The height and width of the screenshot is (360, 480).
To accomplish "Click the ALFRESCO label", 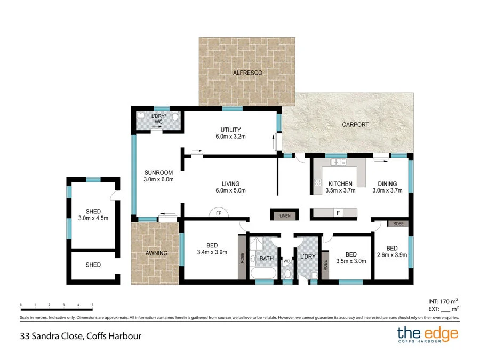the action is point(247,73).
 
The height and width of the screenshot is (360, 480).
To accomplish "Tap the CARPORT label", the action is point(355,125).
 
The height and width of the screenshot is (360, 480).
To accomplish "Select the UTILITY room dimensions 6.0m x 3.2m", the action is point(230,137).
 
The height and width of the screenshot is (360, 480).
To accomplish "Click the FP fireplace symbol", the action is point(219,212).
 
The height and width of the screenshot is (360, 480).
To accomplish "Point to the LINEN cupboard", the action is point(285,215).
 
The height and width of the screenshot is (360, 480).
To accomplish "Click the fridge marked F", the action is point(338,213).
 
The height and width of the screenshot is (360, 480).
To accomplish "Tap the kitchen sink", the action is point(338,162).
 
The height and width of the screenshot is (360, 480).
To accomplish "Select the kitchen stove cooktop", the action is point(317,182).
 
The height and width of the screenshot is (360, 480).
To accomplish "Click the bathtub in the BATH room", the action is point(263,273).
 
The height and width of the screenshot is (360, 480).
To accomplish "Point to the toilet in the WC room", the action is point(287,274).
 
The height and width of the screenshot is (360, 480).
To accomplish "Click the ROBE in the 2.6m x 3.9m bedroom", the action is point(398,224).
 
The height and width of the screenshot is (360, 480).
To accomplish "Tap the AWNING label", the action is point(156,253).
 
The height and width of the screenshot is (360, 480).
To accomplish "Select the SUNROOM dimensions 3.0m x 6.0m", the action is point(158,179).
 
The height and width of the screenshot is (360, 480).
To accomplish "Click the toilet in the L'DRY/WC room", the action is point(175,116).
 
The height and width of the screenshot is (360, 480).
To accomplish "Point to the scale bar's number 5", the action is point(92,305).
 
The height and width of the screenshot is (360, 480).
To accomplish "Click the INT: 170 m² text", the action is point(443,301).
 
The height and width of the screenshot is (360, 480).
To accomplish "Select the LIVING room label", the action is point(230,183).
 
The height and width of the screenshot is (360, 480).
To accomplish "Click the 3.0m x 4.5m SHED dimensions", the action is point(93,218).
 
